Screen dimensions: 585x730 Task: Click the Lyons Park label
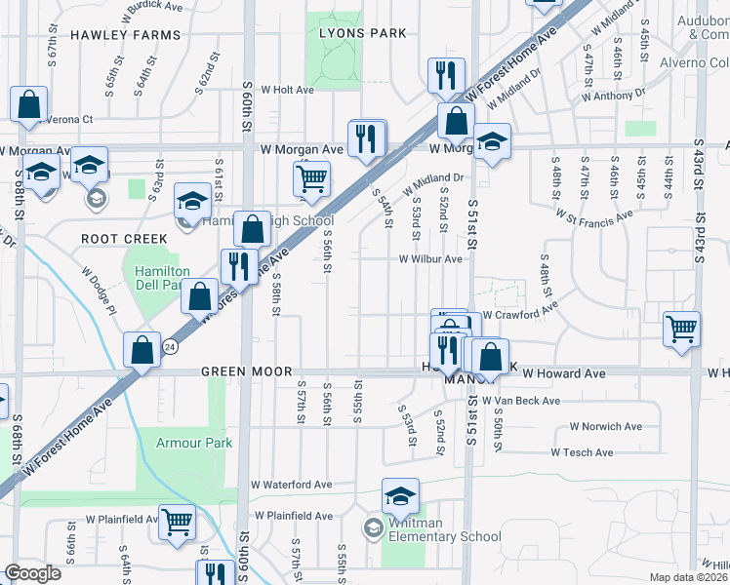click(x=362, y=33)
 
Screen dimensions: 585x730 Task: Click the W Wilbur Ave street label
click(x=429, y=259)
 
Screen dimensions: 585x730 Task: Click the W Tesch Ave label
click(x=582, y=452)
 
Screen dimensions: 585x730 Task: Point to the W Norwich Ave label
click(x=605, y=427)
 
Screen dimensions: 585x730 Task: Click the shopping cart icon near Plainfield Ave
click(x=177, y=524)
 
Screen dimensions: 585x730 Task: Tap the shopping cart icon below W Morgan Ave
click(x=311, y=179)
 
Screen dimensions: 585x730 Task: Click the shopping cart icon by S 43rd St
click(x=681, y=328)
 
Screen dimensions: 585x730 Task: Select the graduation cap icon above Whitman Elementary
click(x=400, y=496)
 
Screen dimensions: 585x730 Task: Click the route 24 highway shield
click(x=170, y=346)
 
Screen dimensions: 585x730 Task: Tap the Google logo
click(x=33, y=573)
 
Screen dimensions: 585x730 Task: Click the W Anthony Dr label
click(x=613, y=96)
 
